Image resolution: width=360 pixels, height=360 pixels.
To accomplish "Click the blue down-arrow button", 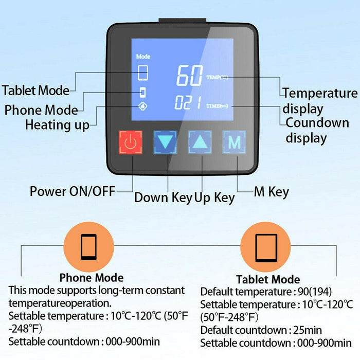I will tap(166, 142).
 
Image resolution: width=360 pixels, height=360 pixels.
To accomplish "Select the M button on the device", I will tap(235, 142).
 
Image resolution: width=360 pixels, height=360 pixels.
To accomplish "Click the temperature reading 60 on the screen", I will tap(189, 76).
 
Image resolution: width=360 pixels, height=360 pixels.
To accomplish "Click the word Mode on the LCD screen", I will tap(143, 57).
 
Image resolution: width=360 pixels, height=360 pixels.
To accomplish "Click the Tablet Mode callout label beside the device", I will tap(35, 91).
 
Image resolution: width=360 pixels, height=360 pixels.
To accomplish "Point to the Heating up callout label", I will tap(57, 124).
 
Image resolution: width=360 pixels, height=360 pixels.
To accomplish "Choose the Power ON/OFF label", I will tap(71, 191).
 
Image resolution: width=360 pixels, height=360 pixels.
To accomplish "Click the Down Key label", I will tap(163, 197).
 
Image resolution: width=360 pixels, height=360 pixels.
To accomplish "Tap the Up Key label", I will tap(214, 197).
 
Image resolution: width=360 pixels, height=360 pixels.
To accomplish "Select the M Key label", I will tap(272, 192).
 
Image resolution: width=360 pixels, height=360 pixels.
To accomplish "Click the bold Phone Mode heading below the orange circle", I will tap(92, 278).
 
